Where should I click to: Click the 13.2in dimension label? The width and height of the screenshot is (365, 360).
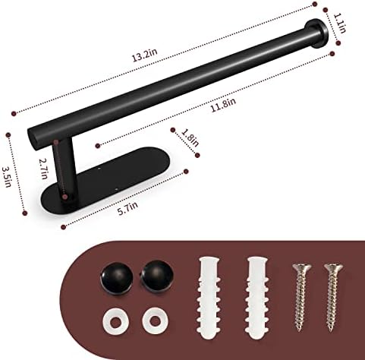click(x=145, y=55)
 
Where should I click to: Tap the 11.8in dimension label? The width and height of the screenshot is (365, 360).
click(x=223, y=105)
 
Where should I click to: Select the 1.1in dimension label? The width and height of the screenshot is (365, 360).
click(x=340, y=23)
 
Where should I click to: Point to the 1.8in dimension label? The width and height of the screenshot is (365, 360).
click(x=190, y=137)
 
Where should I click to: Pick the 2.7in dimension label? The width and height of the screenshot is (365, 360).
click(x=43, y=169)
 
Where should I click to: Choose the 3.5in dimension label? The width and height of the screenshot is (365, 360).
click(x=6, y=176)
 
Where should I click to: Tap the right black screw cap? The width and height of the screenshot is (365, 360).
click(x=157, y=276)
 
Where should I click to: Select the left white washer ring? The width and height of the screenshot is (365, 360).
click(x=116, y=322)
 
